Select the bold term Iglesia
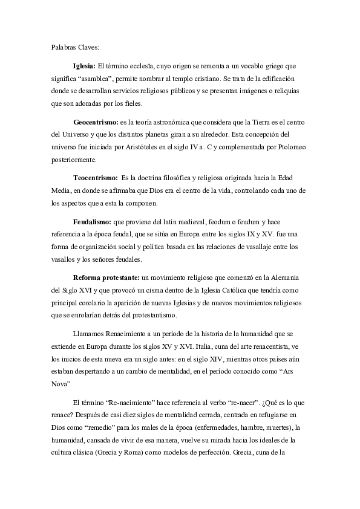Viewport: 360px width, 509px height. point(84,65)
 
